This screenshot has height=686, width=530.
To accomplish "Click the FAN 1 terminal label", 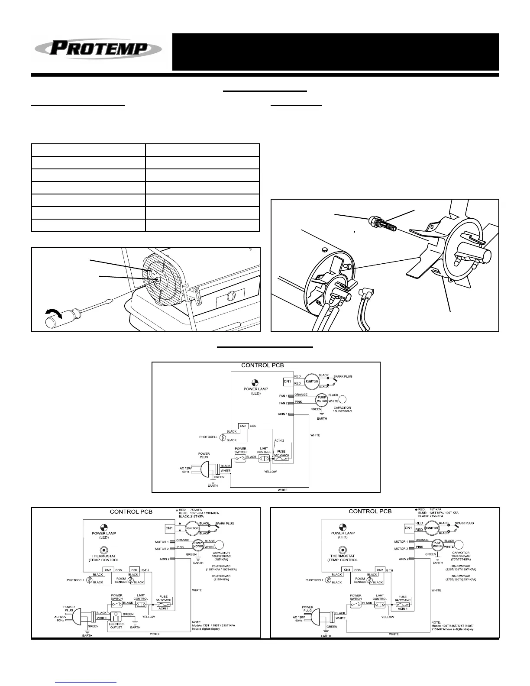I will point(283,396).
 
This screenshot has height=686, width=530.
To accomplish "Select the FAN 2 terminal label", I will point(283,403).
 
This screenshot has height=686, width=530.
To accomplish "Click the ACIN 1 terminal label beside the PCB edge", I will point(283,414).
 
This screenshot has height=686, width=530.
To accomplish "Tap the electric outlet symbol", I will point(115,617).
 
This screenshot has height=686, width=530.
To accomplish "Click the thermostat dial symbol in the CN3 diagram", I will point(343,550).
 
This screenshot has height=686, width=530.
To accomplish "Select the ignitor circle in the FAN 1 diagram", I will point(312,382).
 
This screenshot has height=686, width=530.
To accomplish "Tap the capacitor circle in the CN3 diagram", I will point(459,545).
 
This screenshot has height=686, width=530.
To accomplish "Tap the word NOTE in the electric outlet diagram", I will point(197,622).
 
